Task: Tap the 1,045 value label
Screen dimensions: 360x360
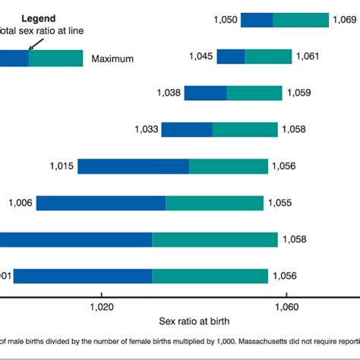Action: coord(200,56)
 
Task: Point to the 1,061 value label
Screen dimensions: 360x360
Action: coord(308,56)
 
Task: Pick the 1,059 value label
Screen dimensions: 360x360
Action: coord(299,93)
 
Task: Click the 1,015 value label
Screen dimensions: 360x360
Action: coord(62,166)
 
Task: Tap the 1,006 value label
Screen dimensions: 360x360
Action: coord(21,203)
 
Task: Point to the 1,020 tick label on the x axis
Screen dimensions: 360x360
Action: coord(102,307)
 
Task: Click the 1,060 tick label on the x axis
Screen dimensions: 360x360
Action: coord(286,307)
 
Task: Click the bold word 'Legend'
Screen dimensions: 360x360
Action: coord(38,17)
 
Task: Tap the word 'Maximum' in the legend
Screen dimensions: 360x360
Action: coord(112,58)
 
